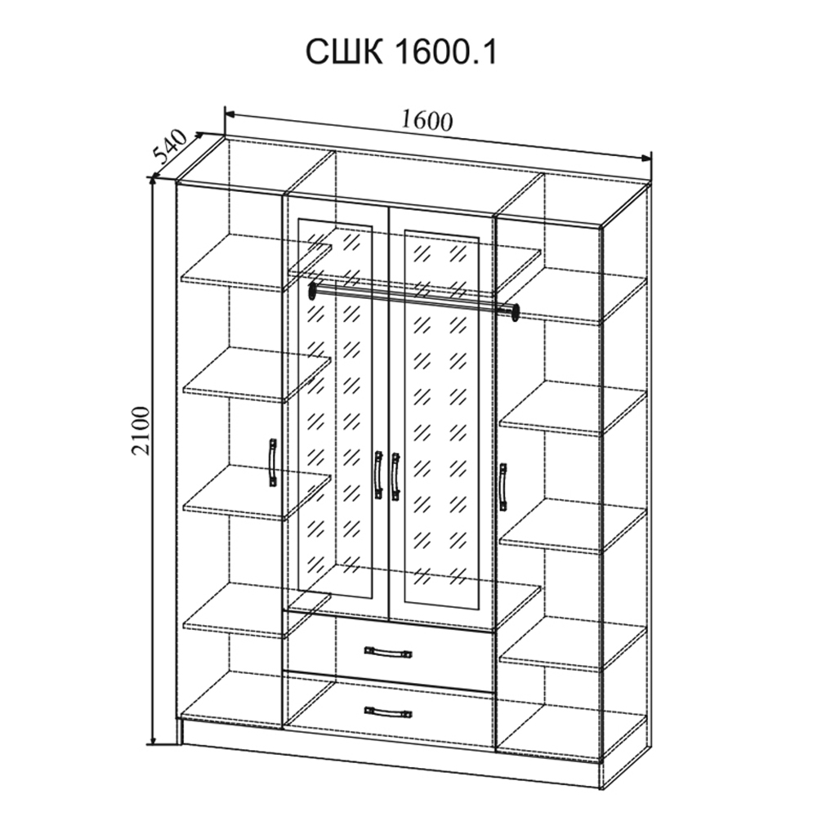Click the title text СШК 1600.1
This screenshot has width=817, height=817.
point(401,52)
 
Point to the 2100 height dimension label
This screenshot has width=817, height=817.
point(141,431)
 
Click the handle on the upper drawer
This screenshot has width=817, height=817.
point(388,652)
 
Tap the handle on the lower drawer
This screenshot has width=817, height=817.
point(388,712)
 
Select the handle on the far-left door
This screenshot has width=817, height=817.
point(273,462)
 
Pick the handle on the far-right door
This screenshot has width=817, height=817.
point(502,487)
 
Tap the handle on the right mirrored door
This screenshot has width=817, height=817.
point(395,477)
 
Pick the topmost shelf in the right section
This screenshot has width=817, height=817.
point(574,297)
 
